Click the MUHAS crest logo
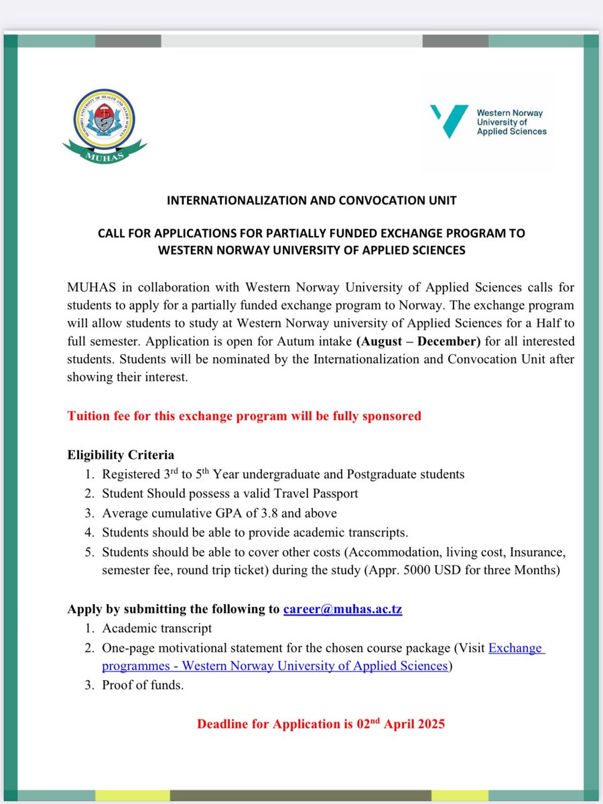click(105, 125)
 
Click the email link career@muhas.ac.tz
click(342, 609)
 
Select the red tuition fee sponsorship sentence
click(244, 416)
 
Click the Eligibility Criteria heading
click(121, 455)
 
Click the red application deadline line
click(321, 724)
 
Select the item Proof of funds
click(143, 685)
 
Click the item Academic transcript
click(157, 628)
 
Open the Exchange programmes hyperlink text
click(516, 648)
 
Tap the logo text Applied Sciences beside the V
click(511, 131)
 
